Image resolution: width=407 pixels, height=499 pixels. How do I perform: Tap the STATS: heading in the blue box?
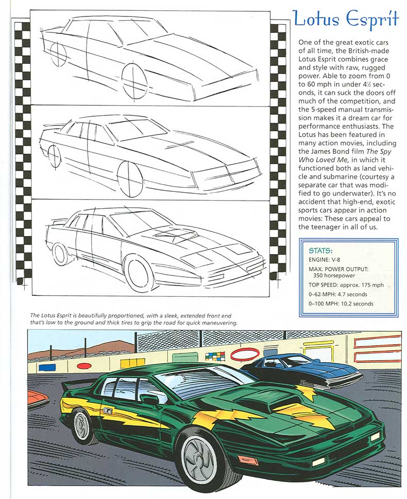coord(320,251)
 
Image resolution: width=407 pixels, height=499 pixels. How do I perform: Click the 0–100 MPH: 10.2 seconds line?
coord(341,304)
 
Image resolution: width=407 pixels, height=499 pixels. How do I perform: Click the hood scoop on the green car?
coord(256,400)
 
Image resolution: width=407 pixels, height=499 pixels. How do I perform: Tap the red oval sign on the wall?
coord(244,354)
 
